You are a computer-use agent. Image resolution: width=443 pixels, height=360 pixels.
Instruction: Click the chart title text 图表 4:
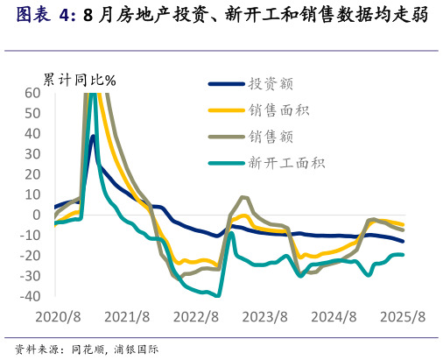pyautogui.click(x=46, y=15)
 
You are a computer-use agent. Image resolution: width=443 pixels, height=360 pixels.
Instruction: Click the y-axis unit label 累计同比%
pyautogui.click(x=80, y=80)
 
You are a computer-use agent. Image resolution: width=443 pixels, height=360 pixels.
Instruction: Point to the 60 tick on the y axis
pyautogui.click(x=32, y=93)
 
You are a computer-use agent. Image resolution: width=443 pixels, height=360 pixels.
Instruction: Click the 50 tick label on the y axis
pyautogui.click(x=32, y=113)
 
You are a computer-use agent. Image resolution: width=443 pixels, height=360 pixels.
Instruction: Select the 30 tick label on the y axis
pyautogui.click(x=32, y=154)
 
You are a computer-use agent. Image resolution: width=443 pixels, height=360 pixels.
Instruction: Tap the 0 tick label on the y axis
pyautogui.click(x=37, y=215)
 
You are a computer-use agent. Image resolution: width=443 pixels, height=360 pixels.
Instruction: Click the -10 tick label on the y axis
pyautogui.click(x=30, y=236)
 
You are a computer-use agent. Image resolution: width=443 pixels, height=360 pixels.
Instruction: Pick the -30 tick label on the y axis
pyautogui.click(x=30, y=277)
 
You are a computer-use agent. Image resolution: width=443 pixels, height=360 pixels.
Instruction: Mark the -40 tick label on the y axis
pyautogui.click(x=30, y=297)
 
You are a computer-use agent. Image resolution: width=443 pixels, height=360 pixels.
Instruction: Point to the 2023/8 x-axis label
pyautogui.click(x=264, y=316)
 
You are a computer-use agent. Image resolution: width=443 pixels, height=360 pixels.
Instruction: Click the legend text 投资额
pyautogui.click(x=271, y=84)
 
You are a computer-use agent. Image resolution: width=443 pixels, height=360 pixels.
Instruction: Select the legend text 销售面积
pyautogui.click(x=279, y=110)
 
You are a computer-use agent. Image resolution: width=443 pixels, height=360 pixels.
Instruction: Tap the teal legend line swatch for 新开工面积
pyautogui.click(x=225, y=162)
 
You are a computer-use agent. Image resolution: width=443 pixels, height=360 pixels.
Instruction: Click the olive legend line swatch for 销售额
pyautogui.click(x=225, y=137)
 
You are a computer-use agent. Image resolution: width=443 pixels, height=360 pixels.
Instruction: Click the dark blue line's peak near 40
pyautogui.click(x=93, y=136)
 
